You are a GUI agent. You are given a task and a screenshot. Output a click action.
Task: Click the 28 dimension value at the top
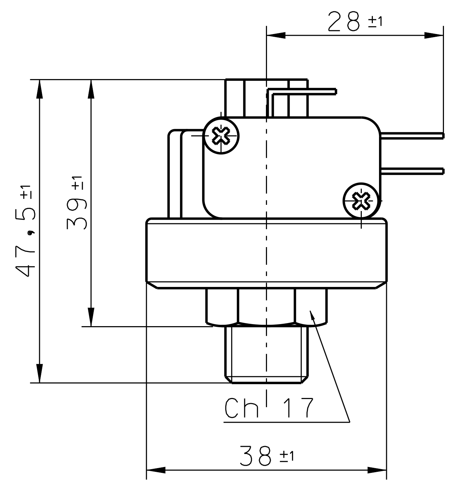[x=344, y=21]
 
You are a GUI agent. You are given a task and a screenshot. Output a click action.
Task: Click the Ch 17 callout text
[x=269, y=408]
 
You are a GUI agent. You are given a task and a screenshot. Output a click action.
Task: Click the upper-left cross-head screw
[x=221, y=135]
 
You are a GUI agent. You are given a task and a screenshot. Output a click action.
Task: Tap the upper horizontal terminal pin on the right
[x=412, y=136]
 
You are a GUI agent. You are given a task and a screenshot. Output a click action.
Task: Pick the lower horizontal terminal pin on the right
[x=412, y=171]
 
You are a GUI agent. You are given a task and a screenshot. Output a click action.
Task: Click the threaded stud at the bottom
[x=266, y=354]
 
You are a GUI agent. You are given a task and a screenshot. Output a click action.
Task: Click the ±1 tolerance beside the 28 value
[x=375, y=22]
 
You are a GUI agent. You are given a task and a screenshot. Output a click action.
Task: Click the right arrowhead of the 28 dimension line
[x=434, y=35]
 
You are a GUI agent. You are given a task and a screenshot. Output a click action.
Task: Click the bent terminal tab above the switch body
[x=302, y=92]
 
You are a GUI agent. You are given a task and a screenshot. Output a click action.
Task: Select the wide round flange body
[x=266, y=253]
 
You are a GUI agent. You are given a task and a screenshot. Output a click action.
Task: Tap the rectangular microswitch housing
[x=292, y=168]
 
